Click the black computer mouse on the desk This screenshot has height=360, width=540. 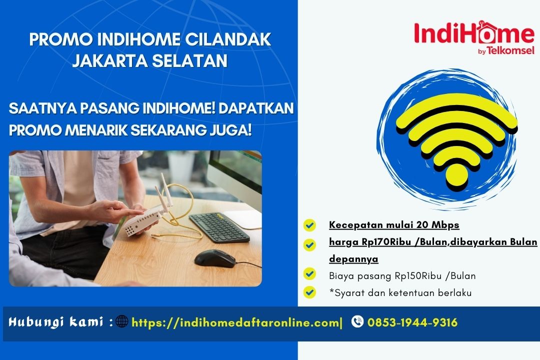pos(214,258)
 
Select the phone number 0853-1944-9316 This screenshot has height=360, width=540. pos(412,322)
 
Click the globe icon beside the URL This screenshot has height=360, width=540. pos(122,321)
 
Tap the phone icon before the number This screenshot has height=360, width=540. pos(357,321)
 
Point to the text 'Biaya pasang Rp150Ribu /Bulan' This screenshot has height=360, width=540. pos(402,275)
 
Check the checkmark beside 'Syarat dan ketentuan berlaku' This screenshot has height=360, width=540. pos(310,291)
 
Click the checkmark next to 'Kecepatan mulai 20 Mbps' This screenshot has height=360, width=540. pos(310,225)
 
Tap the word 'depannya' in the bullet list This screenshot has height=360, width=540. pos(353,259)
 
